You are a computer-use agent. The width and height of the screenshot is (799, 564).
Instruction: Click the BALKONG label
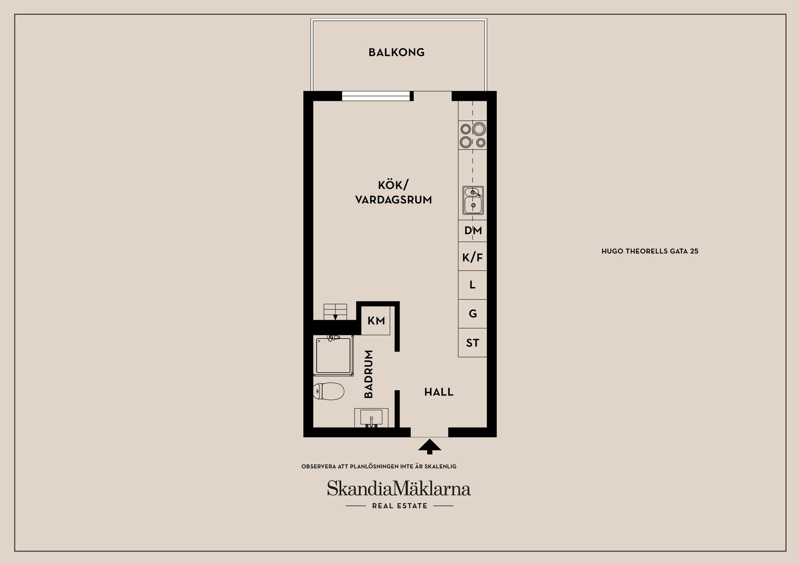point(397,52)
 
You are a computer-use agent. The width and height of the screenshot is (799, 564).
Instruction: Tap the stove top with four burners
point(473,135)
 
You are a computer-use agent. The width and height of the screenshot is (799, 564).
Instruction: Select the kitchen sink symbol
point(473,200)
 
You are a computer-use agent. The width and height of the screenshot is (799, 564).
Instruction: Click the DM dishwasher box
point(473,231)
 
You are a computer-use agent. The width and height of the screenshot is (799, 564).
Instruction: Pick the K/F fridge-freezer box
point(473,257)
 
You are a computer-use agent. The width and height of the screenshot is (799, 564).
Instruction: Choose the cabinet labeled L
point(473,285)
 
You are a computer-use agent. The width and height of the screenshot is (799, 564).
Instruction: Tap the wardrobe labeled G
point(473,314)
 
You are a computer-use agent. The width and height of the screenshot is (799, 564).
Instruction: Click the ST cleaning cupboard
point(473,342)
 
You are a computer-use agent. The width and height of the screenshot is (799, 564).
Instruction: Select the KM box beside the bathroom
point(376,320)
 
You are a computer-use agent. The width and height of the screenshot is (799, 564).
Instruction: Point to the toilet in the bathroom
point(328,391)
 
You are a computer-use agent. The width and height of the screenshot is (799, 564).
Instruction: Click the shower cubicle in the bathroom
point(333,355)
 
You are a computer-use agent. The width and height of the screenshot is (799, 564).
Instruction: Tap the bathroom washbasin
point(371,418)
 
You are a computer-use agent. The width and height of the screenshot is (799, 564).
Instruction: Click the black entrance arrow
point(429,447)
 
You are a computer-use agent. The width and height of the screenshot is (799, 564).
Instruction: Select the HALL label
point(439,392)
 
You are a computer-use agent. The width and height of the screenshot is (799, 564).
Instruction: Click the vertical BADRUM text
point(369,374)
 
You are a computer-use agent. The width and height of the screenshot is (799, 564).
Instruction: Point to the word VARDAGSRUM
point(393,200)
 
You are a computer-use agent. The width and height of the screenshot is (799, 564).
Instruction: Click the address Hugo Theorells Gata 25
point(650,251)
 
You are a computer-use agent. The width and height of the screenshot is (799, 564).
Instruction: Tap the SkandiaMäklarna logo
point(399,488)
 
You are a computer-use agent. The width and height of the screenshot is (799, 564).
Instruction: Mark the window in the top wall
point(376,96)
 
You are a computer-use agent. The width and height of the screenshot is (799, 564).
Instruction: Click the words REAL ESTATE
point(399,506)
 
